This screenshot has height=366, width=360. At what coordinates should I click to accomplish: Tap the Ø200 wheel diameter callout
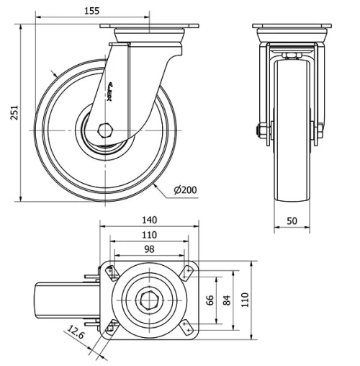[186, 190]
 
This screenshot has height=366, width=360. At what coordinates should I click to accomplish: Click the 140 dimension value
[149, 220]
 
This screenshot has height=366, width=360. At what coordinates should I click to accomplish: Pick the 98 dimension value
[149, 249]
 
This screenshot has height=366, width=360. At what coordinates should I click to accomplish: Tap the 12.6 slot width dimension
[75, 332]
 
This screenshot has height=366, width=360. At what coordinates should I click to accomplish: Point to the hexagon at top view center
[149, 300]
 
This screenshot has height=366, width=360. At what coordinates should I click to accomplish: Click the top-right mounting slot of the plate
[188, 272]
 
